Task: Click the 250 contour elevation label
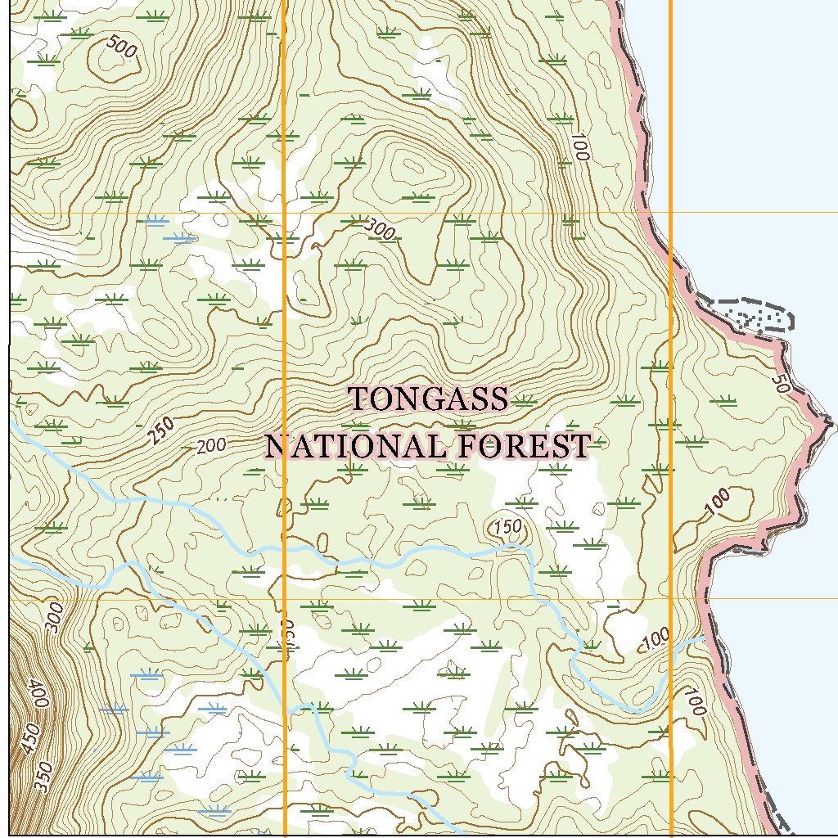click(x=161, y=430)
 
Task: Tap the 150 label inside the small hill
click(x=507, y=527)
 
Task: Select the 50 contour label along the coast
click(x=779, y=383)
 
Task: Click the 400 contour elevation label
click(x=38, y=694)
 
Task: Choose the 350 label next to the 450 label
click(x=44, y=776)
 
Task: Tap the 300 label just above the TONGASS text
click(x=381, y=232)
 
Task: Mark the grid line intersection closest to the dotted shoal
click(x=671, y=213)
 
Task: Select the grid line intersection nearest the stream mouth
click(x=671, y=599)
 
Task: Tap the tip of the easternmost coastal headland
click(x=831, y=424)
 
